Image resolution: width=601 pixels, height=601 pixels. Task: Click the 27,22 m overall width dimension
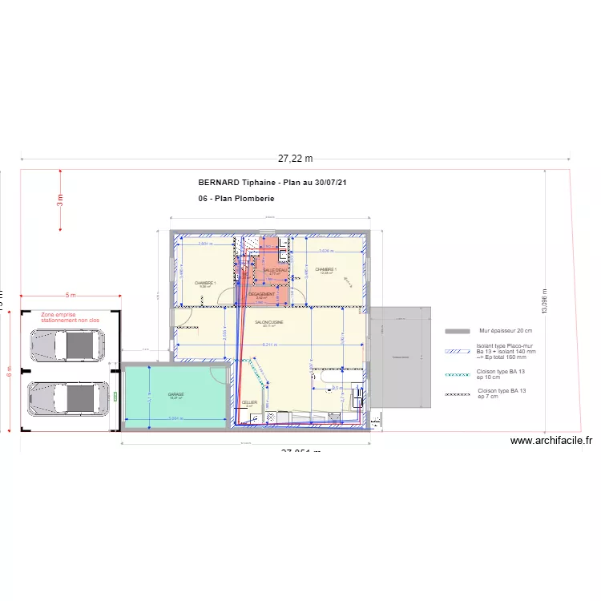[x=295, y=159]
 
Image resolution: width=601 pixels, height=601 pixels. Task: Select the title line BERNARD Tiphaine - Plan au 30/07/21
[x=272, y=183]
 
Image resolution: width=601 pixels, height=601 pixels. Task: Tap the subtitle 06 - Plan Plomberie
[x=236, y=198]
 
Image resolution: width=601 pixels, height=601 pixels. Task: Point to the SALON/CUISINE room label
[x=270, y=322]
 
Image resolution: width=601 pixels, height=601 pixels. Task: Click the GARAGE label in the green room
[x=176, y=394]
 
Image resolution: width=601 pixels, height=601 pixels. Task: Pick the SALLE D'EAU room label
[x=275, y=271]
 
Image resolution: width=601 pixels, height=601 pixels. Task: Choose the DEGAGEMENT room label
[x=262, y=294]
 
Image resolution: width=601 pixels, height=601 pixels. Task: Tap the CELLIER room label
[x=249, y=403]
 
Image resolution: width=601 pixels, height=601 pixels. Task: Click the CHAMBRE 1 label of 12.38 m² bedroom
[x=326, y=269]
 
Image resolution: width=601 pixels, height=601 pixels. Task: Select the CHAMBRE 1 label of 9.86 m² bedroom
[x=205, y=283]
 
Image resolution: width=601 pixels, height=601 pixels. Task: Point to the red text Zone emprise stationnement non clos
[x=70, y=318]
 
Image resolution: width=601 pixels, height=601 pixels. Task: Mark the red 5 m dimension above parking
[x=71, y=296]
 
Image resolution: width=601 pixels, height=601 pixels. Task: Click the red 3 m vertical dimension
[x=59, y=200]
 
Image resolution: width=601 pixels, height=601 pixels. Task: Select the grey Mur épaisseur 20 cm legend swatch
[x=457, y=331]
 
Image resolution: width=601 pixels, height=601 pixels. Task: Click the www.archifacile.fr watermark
[x=551, y=440]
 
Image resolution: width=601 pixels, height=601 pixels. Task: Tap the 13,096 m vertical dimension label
[x=544, y=305]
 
